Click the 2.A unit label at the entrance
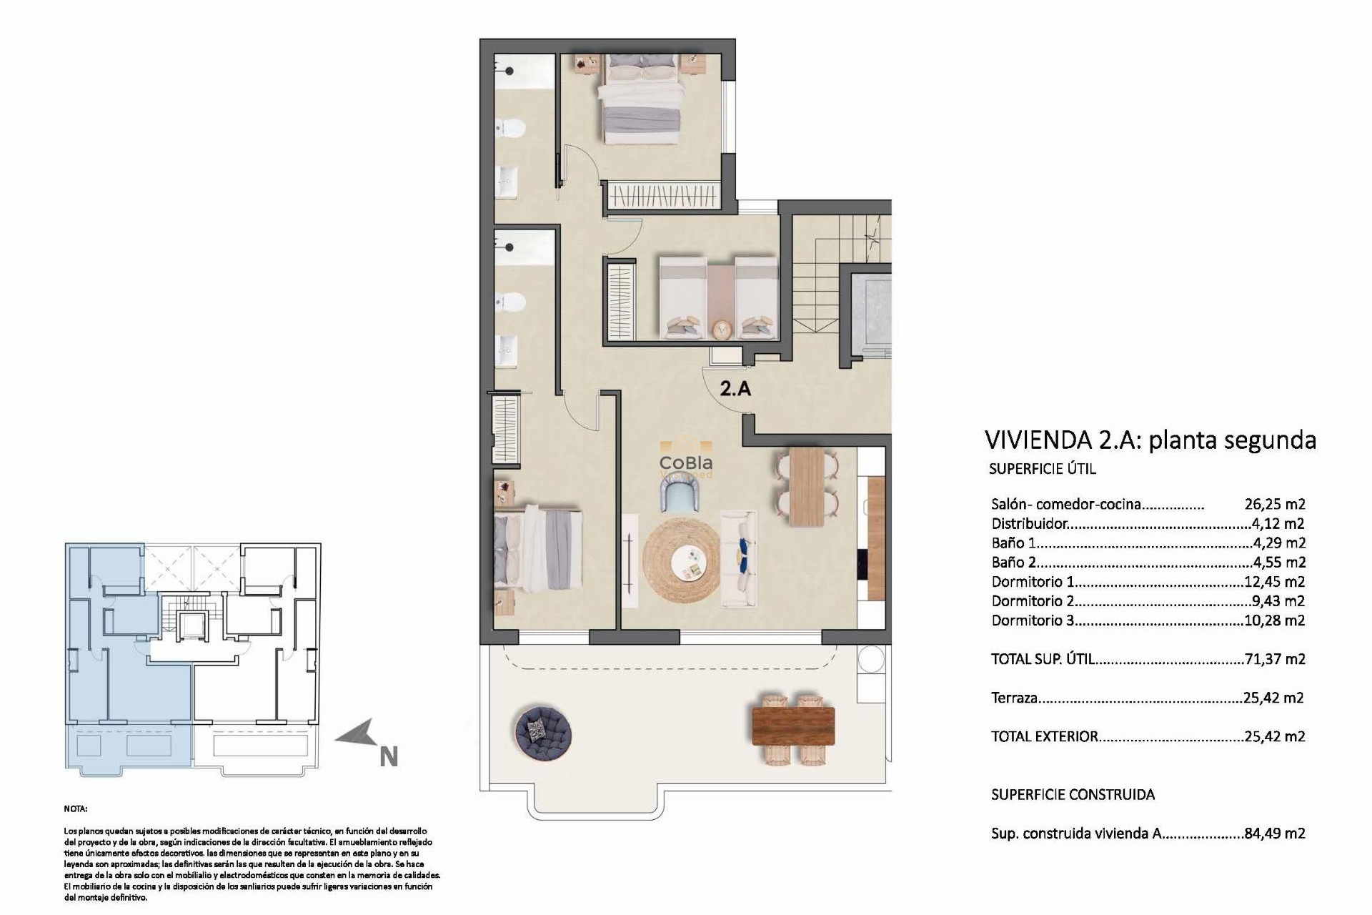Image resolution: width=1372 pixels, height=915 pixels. pos(735,389)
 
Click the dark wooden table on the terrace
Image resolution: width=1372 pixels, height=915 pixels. pos(793,726)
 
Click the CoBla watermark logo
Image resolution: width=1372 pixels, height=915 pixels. pos(685,463)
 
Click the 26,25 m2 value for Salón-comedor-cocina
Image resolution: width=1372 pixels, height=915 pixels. pos(1274,504)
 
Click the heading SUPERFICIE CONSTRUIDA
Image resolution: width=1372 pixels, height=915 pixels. pos(1073,794)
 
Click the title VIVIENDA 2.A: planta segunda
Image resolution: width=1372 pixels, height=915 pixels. pos(1150,440)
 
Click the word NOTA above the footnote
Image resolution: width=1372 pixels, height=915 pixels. pos(75,809)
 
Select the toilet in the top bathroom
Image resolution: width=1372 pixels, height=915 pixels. pos(512,128)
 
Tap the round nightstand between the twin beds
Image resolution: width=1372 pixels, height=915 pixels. pos(721,330)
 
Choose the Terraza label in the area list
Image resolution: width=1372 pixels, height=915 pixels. pos(1014,698)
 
